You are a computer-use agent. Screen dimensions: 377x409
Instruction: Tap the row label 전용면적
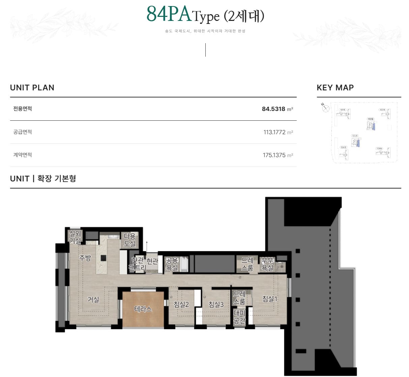click(x=23, y=109)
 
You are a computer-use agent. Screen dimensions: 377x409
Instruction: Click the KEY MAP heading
click(x=335, y=88)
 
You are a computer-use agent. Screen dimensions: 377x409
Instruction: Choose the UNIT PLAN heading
click(x=32, y=88)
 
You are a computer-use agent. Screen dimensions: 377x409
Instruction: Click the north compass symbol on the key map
click(x=325, y=108)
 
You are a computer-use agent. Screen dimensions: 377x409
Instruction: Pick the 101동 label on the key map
click(x=343, y=110)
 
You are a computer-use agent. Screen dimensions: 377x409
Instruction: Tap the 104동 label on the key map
click(x=379, y=148)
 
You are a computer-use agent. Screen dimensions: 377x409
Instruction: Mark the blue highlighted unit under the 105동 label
click(x=358, y=143)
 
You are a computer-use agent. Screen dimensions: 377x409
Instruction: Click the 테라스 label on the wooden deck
click(x=143, y=309)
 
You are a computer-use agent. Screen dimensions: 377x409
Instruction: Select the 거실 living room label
click(x=93, y=299)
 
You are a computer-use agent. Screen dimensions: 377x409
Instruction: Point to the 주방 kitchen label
click(x=85, y=258)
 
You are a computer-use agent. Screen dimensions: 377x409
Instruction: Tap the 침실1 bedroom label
click(x=269, y=299)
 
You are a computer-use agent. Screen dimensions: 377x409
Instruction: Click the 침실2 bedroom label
click(x=181, y=304)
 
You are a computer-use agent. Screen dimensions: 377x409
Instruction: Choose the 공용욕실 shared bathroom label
click(x=172, y=264)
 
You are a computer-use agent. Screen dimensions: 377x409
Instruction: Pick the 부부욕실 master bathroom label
click(x=267, y=264)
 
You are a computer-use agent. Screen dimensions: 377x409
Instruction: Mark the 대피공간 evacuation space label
click(x=239, y=317)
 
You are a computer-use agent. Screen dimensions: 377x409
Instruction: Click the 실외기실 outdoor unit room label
click(x=75, y=237)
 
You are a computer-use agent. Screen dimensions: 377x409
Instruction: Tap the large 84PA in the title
click(x=169, y=14)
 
